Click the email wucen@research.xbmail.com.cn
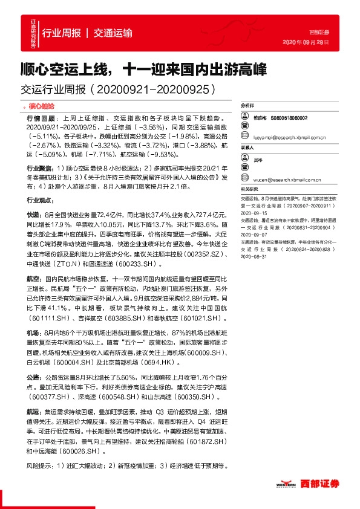tap(286, 179)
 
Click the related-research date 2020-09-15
tap(254, 213)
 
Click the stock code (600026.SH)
tap(79, 451)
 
